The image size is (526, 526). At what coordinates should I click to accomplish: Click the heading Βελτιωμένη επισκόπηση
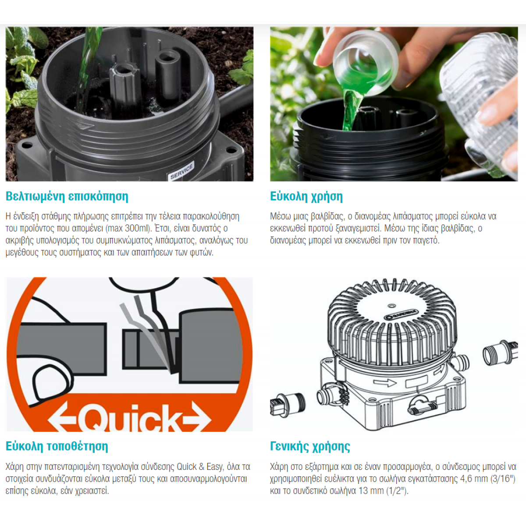click(67, 196)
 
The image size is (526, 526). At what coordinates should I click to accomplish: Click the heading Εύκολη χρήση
click(306, 196)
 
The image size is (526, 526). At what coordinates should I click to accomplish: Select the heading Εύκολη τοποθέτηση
click(57, 446)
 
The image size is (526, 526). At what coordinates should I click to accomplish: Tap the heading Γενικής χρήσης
click(310, 446)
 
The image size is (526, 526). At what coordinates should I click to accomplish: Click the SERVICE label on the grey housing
click(182, 171)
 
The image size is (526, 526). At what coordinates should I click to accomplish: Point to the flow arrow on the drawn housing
click(384, 383)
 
